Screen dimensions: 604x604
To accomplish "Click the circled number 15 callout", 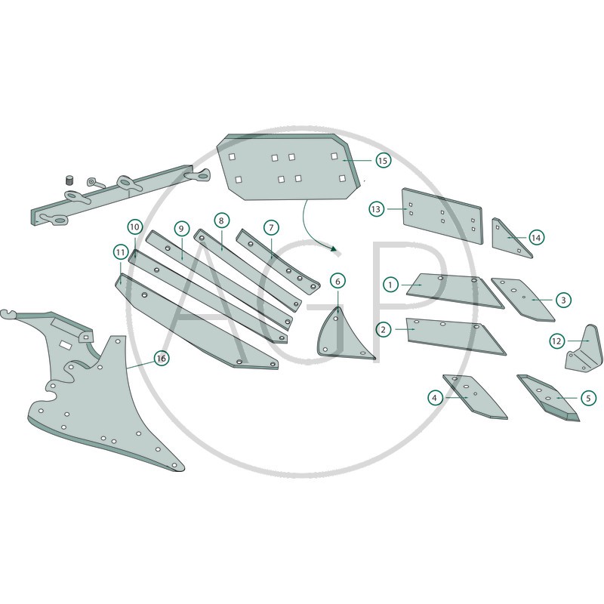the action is click(x=383, y=160).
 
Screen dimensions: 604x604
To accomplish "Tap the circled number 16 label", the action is click(x=162, y=359).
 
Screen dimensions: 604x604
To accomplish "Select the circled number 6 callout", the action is click(x=337, y=281).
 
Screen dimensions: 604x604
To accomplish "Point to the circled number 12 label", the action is click(x=557, y=341).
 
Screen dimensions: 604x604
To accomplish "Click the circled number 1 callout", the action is click(x=391, y=285).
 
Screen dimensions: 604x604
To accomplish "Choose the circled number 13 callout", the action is click(x=376, y=209).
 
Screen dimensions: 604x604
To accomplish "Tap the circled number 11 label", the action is click(x=121, y=253).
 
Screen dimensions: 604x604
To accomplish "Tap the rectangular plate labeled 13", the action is click(x=442, y=216).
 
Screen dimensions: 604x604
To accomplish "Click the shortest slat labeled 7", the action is click(x=277, y=261).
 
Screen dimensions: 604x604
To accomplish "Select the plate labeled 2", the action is click(x=455, y=336).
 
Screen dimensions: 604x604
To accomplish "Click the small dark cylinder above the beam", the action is click(x=69, y=180).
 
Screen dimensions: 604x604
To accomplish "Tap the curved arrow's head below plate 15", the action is click(x=333, y=249).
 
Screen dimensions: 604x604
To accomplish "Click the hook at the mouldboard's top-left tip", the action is click(x=7, y=314).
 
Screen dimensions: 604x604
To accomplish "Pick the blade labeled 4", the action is click(x=475, y=397).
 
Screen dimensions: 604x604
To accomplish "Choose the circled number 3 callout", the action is click(x=563, y=300).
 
